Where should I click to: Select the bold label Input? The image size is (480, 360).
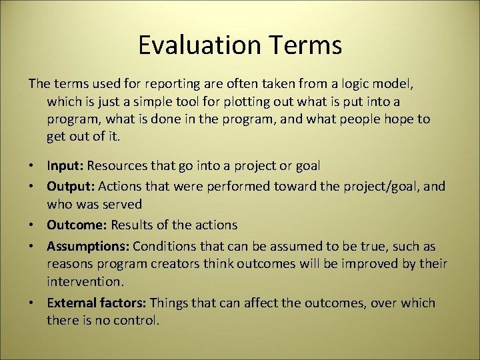pyautogui.click(x=65, y=165)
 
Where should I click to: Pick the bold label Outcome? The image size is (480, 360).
pyautogui.click(x=76, y=225)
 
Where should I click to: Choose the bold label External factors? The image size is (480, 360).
pyautogui.click(x=97, y=303)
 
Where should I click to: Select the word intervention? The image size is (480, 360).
pyautogui.click(x=85, y=282)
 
